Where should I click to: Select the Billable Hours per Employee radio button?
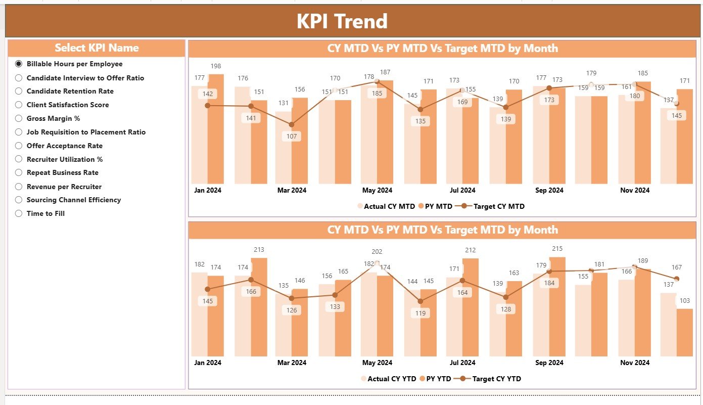tap(19, 64)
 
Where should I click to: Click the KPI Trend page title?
tap(342, 21)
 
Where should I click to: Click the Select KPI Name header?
tap(97, 48)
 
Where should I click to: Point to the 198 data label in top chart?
tap(215, 66)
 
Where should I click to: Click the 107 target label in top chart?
tap(292, 137)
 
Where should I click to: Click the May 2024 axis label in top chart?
tap(377, 191)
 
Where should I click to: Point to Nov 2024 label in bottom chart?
tap(635, 363)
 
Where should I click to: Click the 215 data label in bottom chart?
tap(557, 249)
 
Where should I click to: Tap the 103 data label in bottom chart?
tap(684, 301)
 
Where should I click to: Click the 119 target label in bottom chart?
tap(420, 313)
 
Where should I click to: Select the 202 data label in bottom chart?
tap(377, 252)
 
